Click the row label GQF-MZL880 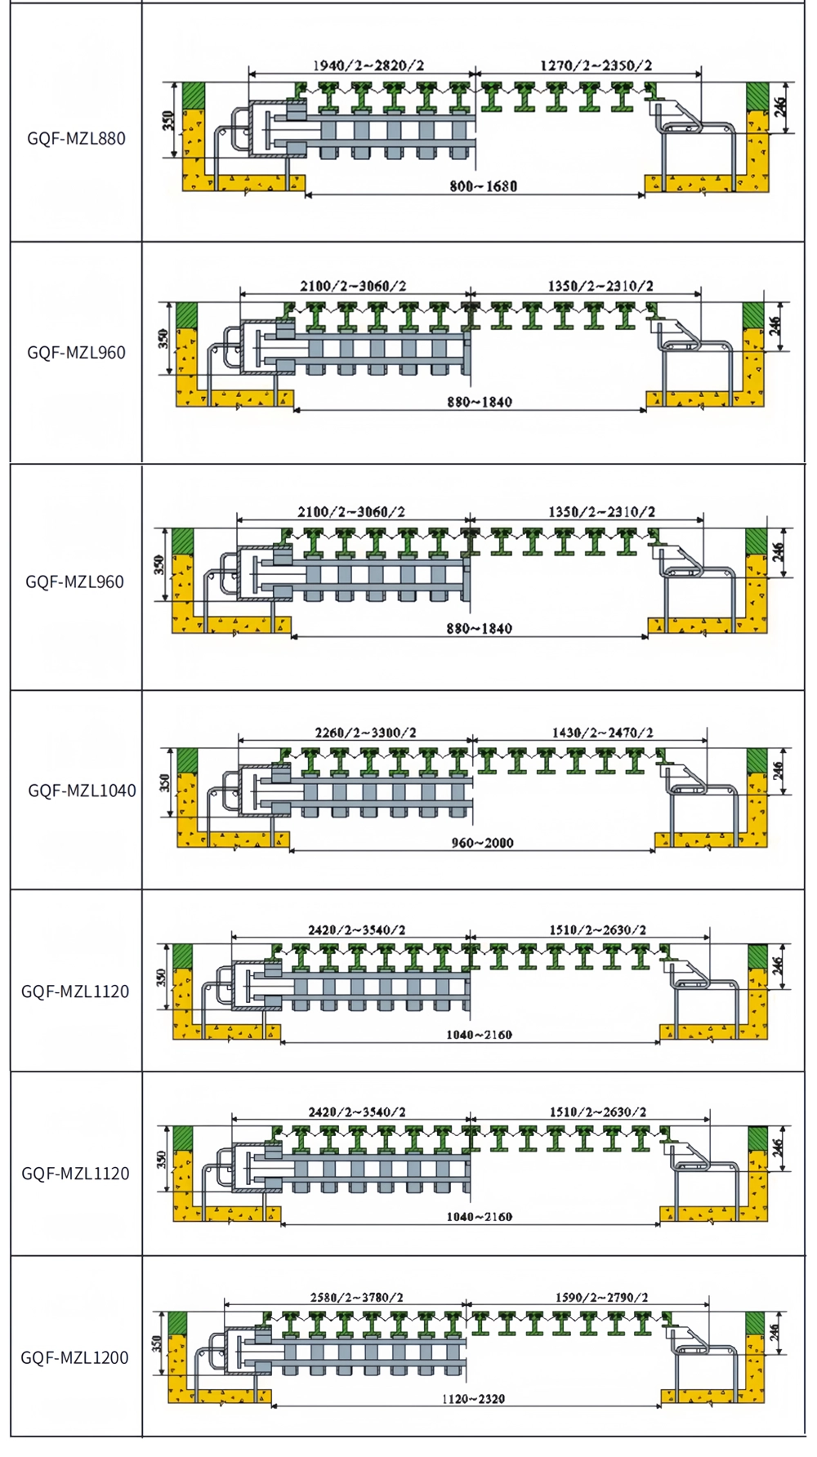click(x=76, y=138)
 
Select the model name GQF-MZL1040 click(x=82, y=790)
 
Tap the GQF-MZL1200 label click(x=74, y=1357)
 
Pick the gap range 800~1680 click(x=483, y=186)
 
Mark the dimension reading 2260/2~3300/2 click(x=365, y=733)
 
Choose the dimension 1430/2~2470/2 click(x=602, y=733)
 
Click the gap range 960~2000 click(x=482, y=843)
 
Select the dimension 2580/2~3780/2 click(x=356, y=1297)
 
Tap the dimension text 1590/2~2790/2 click(x=601, y=1297)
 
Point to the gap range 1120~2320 click(x=473, y=1399)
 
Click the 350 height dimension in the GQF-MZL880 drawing click(x=168, y=121)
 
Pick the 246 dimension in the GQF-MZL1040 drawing click(x=779, y=770)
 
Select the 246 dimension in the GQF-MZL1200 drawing click(x=775, y=1334)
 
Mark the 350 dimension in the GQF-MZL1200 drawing click(x=156, y=1343)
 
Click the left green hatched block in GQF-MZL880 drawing click(x=194, y=96)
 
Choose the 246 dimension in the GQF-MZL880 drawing click(x=780, y=106)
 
